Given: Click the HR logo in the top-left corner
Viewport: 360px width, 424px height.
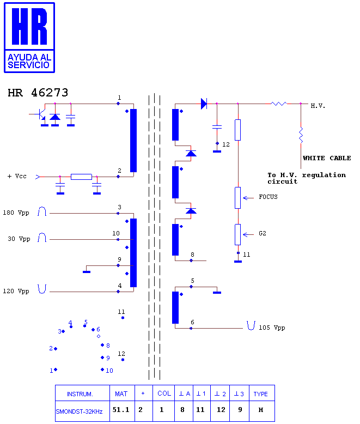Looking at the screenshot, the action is [x=29, y=38].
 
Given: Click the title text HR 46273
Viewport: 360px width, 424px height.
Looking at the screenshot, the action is [x=38, y=93].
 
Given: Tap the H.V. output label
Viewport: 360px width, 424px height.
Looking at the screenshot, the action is [x=318, y=106].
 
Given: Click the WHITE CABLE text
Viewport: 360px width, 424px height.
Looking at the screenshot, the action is [x=327, y=158].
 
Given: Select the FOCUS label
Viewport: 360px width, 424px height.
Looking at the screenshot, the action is [x=268, y=197].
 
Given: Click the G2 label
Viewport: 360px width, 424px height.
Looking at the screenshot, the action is [x=263, y=233].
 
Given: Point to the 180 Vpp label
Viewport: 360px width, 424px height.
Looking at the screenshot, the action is [x=16, y=213].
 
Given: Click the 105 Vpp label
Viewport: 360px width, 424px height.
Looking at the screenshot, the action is [x=272, y=328].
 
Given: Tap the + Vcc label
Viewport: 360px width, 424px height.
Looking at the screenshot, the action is [x=17, y=177].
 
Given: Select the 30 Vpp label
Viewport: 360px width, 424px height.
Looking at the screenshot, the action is [x=19, y=239].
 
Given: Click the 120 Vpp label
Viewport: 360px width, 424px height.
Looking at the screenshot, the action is [x=16, y=291].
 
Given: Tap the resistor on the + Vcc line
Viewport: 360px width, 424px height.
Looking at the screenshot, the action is [x=81, y=177].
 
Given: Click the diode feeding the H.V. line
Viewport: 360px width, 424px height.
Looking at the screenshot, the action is [x=204, y=104].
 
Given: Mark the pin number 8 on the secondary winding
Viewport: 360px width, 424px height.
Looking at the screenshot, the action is [x=192, y=255].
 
